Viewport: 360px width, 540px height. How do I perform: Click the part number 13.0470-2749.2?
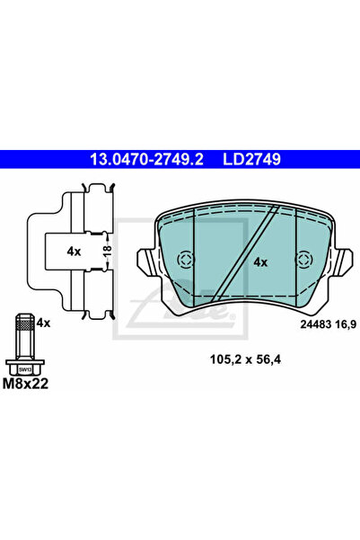146,159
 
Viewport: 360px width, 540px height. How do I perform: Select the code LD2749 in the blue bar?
252,159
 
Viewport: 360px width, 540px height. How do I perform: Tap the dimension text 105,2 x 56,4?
245,360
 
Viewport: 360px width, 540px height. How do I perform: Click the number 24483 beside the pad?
316,324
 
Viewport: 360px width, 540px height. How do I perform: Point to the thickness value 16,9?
346,324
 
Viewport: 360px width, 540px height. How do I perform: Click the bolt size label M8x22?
25,384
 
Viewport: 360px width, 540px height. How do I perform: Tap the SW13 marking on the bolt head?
25,370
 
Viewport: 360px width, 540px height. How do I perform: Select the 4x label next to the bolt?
43,323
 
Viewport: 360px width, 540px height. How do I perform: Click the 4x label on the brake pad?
260,262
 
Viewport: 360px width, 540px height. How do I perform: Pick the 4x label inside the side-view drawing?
74,252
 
